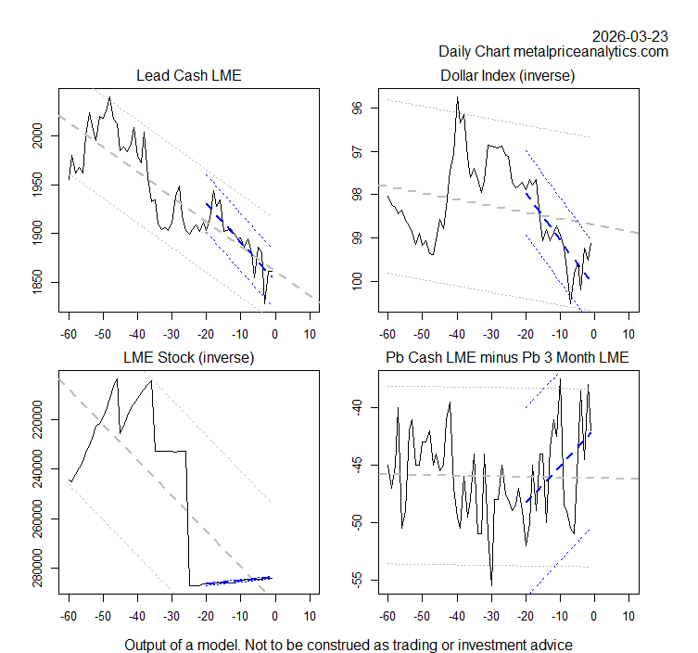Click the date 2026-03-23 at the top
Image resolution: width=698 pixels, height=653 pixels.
[x=630, y=36]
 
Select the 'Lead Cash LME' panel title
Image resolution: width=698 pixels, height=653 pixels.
[x=188, y=75]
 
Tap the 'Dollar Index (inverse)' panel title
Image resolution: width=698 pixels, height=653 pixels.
[x=507, y=75]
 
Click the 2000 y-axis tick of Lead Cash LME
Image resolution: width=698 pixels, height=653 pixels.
[x=37, y=135]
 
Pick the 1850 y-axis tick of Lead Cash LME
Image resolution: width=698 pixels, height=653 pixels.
[x=37, y=282]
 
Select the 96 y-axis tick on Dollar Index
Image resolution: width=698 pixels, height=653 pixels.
[x=356, y=109]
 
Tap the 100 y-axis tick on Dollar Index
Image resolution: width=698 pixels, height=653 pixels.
[x=356, y=281]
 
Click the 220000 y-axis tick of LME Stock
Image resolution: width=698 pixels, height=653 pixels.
[x=37, y=419]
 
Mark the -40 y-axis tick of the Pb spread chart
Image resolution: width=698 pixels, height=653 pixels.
[x=356, y=407]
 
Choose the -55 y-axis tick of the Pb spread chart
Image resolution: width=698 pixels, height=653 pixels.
[x=356, y=580]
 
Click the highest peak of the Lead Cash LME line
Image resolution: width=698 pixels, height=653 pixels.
[x=109, y=97]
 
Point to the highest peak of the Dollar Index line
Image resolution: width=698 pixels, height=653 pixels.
[x=457, y=97]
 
